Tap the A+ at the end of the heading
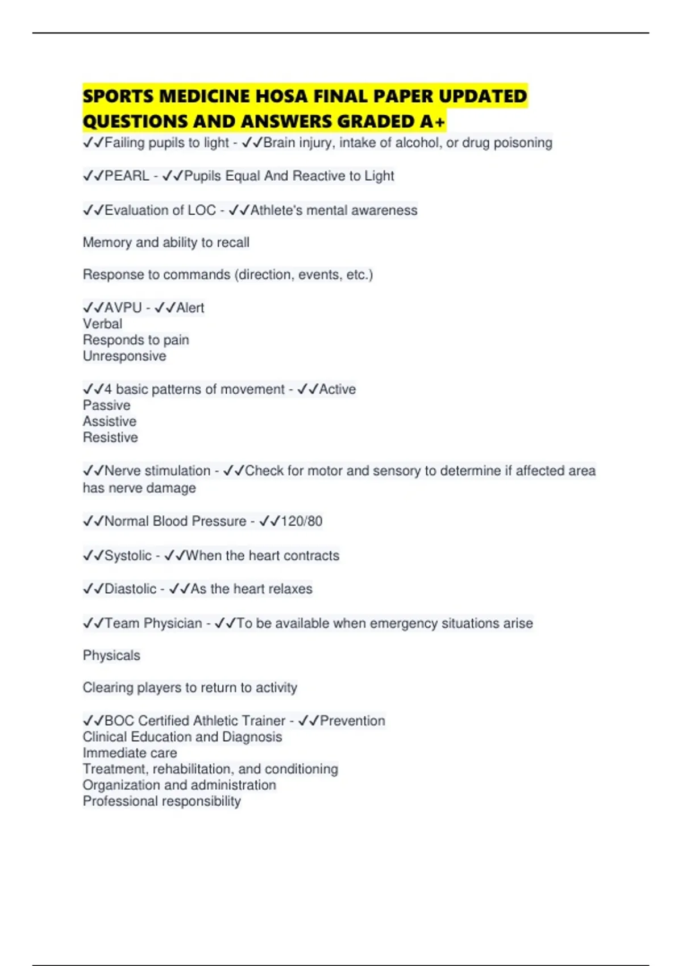click(433, 121)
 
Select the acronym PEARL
click(127, 176)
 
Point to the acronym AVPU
click(123, 308)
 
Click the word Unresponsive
click(124, 356)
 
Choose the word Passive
click(106, 406)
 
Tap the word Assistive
click(110, 422)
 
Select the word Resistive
click(110, 438)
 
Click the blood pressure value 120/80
click(301, 522)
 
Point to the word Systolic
click(128, 556)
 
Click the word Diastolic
click(130, 589)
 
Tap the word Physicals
click(111, 656)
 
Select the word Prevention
click(352, 721)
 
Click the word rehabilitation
click(193, 769)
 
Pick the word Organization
click(120, 785)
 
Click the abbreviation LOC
click(202, 211)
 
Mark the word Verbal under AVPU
click(102, 324)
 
